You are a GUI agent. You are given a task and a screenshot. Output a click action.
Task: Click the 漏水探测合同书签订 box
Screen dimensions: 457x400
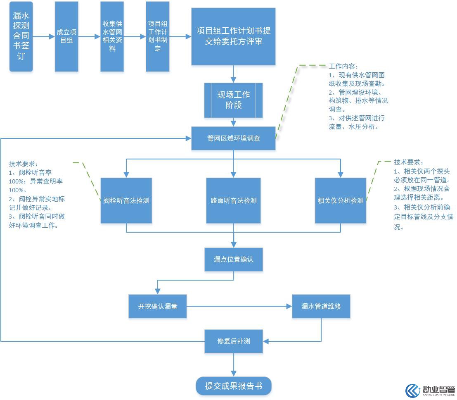click(21, 36)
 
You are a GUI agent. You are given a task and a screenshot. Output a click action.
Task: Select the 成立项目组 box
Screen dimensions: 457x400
click(66, 36)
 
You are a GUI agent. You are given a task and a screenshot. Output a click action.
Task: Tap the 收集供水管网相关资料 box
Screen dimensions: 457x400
click(112, 36)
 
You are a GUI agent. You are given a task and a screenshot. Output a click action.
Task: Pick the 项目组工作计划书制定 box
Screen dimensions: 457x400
click(158, 36)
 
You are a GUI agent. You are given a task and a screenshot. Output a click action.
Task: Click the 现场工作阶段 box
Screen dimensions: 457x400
click(234, 100)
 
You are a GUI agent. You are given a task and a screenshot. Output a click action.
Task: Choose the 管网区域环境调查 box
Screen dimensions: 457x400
click(234, 138)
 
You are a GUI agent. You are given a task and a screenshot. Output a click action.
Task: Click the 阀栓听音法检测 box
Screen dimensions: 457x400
click(126, 200)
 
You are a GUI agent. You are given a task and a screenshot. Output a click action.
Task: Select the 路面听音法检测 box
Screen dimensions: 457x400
click(234, 200)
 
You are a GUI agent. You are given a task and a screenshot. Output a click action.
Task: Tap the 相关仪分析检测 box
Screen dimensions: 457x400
click(341, 200)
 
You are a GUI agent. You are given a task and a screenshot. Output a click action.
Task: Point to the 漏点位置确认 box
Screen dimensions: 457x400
click(234, 260)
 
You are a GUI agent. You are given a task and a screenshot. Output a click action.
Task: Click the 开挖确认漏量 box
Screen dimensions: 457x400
click(158, 306)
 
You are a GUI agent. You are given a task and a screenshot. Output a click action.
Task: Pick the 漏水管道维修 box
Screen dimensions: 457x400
click(321, 306)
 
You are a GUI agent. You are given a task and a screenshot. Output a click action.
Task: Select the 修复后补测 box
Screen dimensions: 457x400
click(234, 341)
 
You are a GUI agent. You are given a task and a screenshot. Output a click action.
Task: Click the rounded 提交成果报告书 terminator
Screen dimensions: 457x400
click(234, 386)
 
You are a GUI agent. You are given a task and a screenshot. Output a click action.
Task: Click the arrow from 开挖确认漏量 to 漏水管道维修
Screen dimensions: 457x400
click(239, 306)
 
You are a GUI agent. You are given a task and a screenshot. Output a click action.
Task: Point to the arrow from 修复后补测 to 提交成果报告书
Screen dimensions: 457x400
click(234, 365)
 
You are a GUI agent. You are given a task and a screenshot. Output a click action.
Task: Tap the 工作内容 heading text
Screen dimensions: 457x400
click(343, 67)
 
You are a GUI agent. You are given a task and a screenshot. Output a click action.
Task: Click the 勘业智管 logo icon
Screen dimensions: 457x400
click(413, 391)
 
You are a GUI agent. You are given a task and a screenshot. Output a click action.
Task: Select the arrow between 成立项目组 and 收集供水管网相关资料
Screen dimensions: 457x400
click(89, 36)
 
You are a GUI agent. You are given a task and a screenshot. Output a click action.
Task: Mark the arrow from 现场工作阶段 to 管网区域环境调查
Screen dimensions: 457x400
click(234, 122)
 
